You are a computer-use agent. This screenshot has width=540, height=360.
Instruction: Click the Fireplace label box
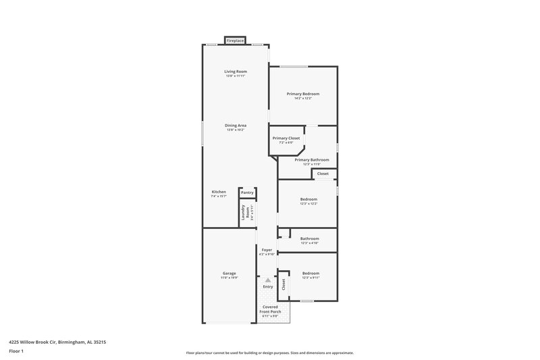click(235, 41)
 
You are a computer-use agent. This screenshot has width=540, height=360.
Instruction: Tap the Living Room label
click(236, 72)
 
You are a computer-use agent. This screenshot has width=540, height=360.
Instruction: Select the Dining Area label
click(236, 125)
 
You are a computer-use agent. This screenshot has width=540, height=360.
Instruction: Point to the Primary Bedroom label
click(302, 93)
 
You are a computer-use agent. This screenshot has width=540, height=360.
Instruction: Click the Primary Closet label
click(286, 138)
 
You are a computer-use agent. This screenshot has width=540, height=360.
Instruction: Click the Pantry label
click(247, 192)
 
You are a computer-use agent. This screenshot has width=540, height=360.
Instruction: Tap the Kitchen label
click(219, 192)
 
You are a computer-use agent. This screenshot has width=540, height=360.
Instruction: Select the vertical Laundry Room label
click(244, 212)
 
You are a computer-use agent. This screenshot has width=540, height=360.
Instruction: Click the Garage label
click(229, 273)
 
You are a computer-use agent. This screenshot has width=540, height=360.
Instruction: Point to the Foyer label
click(267, 250)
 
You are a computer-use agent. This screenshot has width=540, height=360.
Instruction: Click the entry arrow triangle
click(268, 280)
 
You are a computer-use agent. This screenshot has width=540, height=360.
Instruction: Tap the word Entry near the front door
click(268, 286)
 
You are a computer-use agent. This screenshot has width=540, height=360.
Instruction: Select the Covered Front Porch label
click(270, 309)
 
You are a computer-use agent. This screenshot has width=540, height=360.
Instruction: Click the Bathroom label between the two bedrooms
click(309, 238)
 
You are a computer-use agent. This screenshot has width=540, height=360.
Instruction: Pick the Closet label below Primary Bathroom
click(323, 174)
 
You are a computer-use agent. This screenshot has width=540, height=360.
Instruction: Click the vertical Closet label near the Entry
click(283, 284)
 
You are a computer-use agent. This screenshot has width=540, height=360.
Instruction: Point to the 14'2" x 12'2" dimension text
click(302, 99)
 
